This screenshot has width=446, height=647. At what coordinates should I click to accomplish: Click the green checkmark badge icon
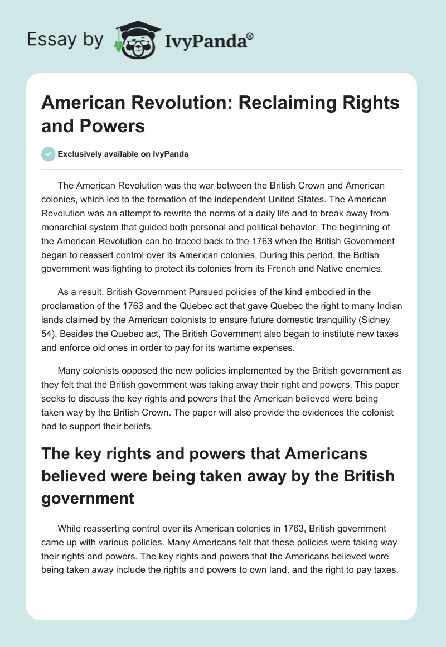[x=49, y=154]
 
